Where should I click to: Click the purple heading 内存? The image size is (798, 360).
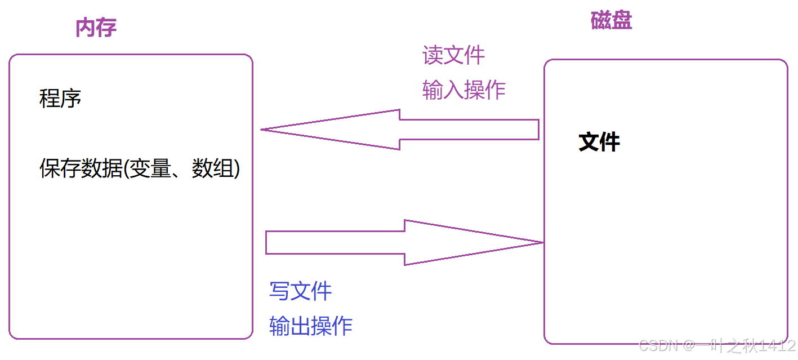pyautogui.click(x=96, y=28)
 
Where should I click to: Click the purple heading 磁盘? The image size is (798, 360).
pyautogui.click(x=611, y=21)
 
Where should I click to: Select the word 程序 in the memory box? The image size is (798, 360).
pyautogui.click(x=60, y=99)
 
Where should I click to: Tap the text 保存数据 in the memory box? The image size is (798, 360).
pyautogui.click(x=81, y=168)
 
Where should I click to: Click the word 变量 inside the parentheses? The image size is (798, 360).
pyautogui.click(x=150, y=168)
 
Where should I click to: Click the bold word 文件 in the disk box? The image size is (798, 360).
pyautogui.click(x=599, y=142)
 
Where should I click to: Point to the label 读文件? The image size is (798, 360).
pyautogui.click(x=453, y=55)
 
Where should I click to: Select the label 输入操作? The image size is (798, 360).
pyautogui.click(x=463, y=90)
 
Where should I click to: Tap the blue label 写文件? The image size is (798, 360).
pyautogui.click(x=301, y=291)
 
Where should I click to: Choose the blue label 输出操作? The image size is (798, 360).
pyautogui.click(x=311, y=326)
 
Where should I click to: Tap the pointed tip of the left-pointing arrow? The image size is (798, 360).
pyautogui.click(x=263, y=130)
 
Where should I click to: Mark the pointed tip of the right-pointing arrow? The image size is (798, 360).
pyautogui.click(x=541, y=242)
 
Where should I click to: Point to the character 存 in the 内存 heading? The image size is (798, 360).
pyautogui.click(x=106, y=28)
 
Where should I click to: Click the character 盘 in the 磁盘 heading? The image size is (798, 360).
pyautogui.click(x=622, y=21)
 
